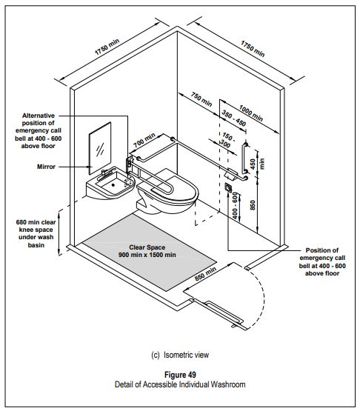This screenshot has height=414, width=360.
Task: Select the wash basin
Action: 110,184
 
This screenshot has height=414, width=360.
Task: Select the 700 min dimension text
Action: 145,139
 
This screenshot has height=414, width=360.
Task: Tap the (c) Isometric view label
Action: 181,355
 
